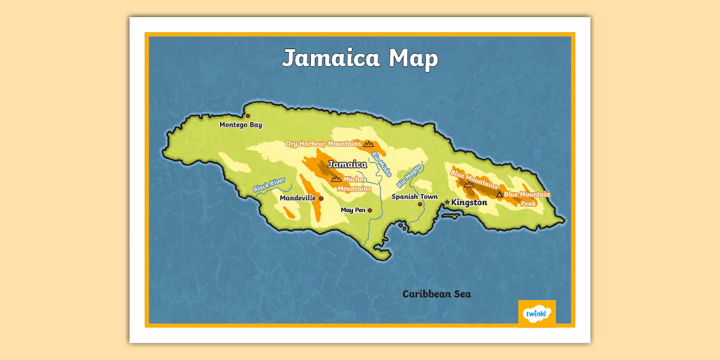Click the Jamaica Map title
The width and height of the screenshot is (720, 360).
tap(360, 58)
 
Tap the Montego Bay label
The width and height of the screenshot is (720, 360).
tap(241, 125)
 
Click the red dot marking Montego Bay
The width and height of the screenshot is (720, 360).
tap(248, 116)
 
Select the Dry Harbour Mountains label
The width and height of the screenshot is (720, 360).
tap(323, 144)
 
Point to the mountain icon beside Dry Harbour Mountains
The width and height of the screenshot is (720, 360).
tap(369, 143)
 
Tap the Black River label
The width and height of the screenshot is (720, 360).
tap(269, 185)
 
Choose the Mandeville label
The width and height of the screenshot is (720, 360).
tap(298, 198)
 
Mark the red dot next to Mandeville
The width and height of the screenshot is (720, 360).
tap(321, 199)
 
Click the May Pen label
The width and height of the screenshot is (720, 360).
tap(353, 210)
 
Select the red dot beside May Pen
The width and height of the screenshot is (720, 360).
tap(370, 211)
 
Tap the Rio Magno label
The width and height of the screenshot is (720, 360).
tap(409, 175)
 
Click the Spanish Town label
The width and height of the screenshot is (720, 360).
tap(414, 197)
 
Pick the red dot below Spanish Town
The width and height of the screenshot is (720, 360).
tap(420, 204)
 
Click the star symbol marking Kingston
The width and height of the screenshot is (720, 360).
tap(447, 202)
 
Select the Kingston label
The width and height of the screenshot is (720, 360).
tap(469, 202)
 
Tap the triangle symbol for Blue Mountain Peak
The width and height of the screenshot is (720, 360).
tap(499, 195)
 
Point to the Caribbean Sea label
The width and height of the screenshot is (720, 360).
tap(437, 294)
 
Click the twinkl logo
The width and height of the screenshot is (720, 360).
tap(537, 314)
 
